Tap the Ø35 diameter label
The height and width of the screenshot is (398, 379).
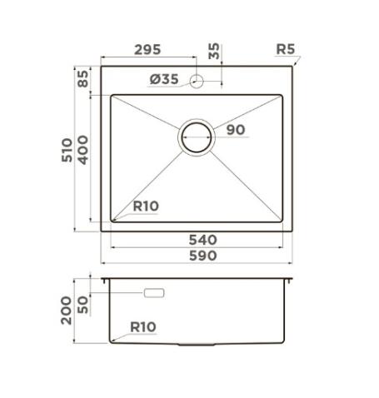pos(164,80)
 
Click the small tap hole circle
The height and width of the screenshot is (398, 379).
pos(197,81)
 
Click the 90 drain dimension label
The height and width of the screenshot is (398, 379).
pos(236,130)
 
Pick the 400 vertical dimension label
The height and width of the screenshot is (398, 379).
pos(83,150)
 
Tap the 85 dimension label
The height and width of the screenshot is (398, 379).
pos(83,81)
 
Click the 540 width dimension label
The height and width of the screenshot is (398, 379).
pos(202,240)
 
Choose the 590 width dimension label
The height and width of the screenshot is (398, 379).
pos(202,256)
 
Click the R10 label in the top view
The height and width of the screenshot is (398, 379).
pos(145,206)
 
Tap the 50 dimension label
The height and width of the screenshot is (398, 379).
pos(84,303)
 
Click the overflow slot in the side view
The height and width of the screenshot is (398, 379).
pos(156,293)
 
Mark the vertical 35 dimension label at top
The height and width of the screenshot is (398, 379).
pos(214,52)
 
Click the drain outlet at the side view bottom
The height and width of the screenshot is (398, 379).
pos(197,344)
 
